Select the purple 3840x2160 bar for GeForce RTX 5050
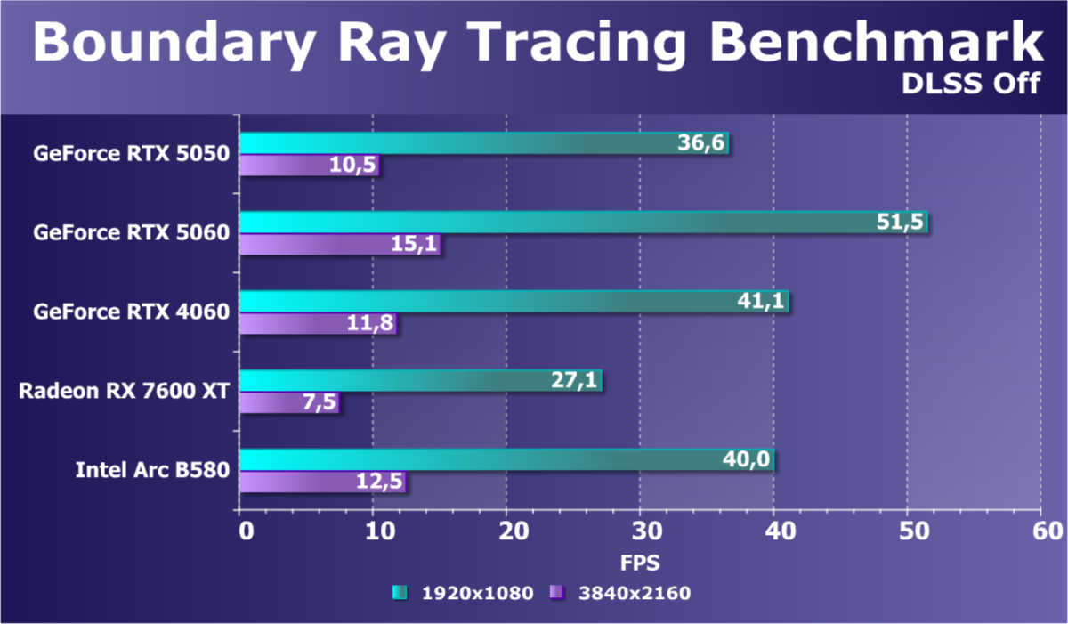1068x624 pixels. (310, 166)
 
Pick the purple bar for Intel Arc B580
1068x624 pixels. (323, 482)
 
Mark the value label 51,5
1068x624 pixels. (904, 223)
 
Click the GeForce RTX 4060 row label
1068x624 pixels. (132, 312)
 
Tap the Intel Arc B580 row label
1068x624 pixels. (153, 469)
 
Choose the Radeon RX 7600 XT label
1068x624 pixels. (125, 390)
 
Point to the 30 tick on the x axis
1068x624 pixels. (640, 531)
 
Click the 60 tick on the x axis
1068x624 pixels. (1040, 531)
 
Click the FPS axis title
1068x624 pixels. (640, 563)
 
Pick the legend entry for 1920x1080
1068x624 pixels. (463, 593)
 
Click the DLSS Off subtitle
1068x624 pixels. (971, 83)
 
